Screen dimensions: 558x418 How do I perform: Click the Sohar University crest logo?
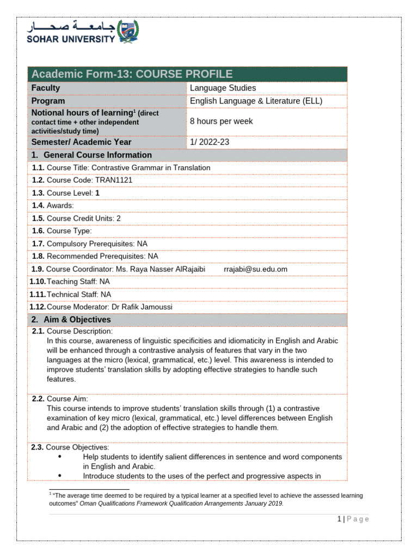(128, 31)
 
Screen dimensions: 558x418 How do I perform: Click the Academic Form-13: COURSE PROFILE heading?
(132, 74)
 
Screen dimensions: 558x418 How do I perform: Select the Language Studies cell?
(223, 88)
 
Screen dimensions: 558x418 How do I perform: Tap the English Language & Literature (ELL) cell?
(256, 101)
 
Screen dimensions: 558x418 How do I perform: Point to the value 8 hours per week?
(221, 121)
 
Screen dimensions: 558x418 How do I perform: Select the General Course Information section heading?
(92, 155)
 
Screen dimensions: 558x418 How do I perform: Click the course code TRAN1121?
(113, 180)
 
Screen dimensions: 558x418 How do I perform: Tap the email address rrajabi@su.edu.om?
(255, 269)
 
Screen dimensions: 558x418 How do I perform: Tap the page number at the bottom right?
(339, 519)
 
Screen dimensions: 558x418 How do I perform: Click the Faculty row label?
(46, 88)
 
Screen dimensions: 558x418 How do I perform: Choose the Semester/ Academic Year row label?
(81, 142)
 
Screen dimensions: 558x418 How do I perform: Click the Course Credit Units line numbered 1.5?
(77, 218)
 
